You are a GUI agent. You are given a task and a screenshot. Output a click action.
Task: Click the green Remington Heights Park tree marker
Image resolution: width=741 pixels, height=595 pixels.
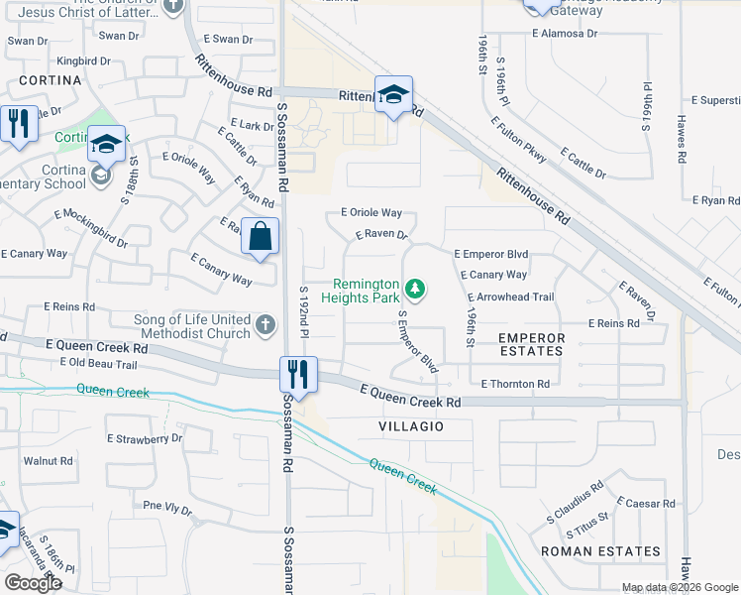point(417,290)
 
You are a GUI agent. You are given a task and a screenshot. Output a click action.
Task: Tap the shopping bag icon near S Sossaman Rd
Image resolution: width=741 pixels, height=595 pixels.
point(260,238)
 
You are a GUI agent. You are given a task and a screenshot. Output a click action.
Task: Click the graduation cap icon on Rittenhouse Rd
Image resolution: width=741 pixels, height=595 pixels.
point(393,96)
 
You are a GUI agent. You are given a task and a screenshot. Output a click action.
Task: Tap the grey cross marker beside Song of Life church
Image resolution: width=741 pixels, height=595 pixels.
point(264,324)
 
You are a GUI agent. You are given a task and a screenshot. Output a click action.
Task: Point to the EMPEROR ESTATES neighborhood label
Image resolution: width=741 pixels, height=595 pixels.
point(531,345)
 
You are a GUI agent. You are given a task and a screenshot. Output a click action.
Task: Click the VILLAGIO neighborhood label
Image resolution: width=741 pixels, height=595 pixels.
point(409,426)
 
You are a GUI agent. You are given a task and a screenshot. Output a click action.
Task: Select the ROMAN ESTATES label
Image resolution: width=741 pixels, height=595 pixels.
point(600,551)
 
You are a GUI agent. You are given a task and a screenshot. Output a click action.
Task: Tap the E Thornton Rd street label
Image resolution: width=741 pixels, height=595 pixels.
point(514,384)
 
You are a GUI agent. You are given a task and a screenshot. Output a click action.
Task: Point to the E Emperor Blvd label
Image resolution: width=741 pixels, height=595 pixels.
point(491,254)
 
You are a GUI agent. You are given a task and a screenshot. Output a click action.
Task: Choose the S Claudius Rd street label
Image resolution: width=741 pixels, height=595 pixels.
point(576,505)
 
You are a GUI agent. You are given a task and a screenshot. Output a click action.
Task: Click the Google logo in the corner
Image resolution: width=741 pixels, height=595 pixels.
point(33,582)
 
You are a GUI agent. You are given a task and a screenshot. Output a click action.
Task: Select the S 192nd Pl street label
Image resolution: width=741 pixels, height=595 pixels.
point(305,307)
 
